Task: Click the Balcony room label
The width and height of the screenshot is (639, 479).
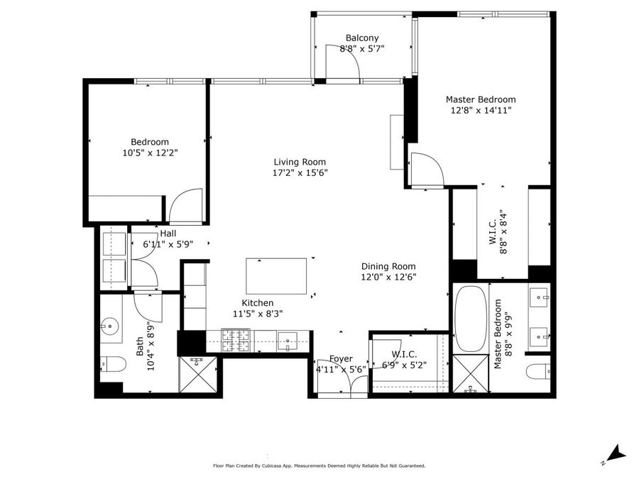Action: coord(362,38)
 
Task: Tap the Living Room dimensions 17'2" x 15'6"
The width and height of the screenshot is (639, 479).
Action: coord(300,172)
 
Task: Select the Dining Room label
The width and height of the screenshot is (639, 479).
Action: coord(388,266)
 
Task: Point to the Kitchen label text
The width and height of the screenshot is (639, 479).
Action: coord(258,303)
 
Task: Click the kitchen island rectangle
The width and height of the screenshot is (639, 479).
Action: coord(276,276)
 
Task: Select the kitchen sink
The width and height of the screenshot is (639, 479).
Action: coord(288,341)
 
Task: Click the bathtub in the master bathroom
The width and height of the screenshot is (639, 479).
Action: coord(470,318)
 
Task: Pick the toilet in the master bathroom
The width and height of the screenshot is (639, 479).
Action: coord(538,371)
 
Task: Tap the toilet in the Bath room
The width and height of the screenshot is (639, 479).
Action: coord(113,364)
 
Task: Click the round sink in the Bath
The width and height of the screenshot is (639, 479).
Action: coord(109,326)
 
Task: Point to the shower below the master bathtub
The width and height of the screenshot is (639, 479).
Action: coord(471,373)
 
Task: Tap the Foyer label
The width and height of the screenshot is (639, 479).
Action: coord(341,359)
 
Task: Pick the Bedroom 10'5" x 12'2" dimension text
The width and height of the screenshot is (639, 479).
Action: coord(151,153)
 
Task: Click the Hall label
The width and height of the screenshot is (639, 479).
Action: coord(168,233)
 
